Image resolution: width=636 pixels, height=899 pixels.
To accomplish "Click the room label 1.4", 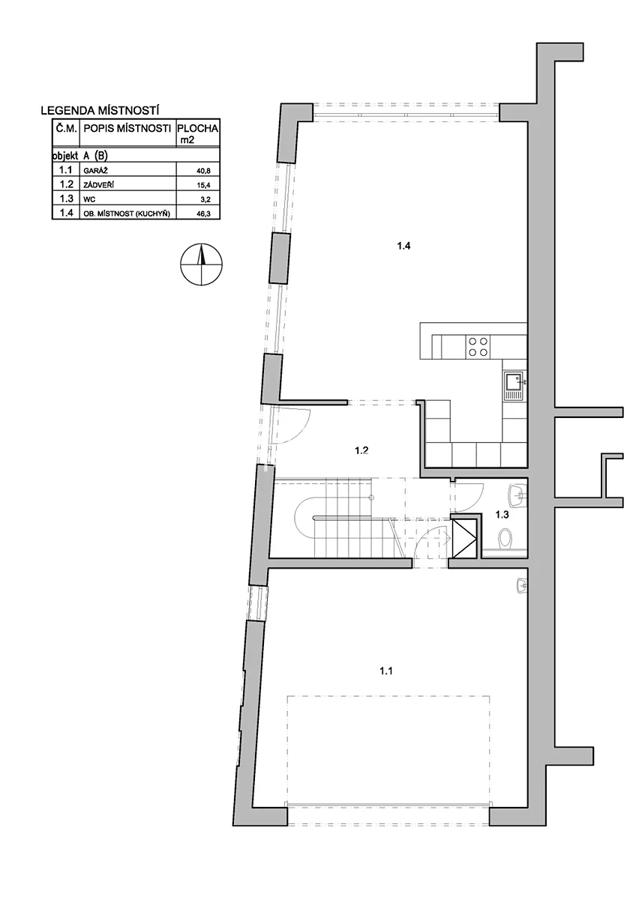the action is point(403,246).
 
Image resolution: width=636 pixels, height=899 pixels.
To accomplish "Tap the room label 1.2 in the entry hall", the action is point(361,450).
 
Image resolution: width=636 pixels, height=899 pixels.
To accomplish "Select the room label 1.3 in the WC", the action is point(502,515).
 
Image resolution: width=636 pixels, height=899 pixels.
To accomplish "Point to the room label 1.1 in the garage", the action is point(386,671).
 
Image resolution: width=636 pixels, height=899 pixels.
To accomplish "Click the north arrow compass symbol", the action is point(201,264).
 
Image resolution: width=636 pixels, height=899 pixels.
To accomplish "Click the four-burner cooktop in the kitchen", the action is point(478,347).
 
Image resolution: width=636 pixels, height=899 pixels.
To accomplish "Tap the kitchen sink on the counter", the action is point(515,385).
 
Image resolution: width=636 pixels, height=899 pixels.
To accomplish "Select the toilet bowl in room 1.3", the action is point(505,538).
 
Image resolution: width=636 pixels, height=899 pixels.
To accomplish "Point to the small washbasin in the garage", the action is point(521,585).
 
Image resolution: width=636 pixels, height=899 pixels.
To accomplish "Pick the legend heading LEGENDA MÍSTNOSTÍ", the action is point(100,111).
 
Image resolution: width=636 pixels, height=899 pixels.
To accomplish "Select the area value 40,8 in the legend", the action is point(203,171).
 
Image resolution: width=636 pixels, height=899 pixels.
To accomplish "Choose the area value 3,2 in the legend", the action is point(205,199).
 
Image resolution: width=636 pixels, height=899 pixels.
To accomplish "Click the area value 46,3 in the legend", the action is point(203,214).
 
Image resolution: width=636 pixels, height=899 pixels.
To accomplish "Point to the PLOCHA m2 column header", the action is point(198,133).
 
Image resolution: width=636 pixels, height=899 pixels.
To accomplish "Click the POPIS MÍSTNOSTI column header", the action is point(127,129).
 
